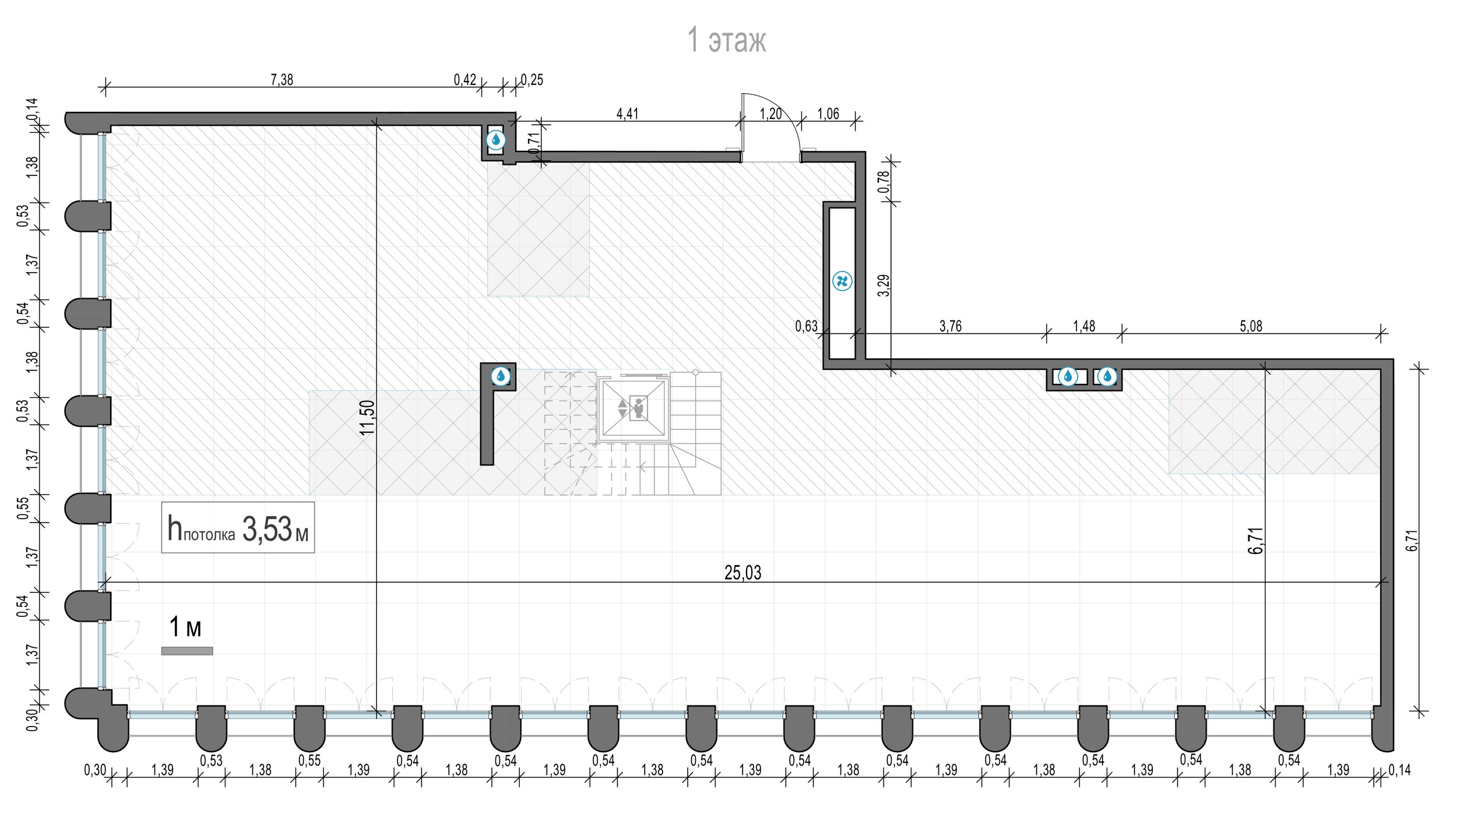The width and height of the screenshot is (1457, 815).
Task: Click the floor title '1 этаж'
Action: pos(727,40)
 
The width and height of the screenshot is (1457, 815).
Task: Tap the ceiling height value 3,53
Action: pos(267,529)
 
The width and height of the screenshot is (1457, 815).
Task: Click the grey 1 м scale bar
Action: pos(187,651)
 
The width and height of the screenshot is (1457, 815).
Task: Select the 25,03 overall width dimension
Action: pos(742,572)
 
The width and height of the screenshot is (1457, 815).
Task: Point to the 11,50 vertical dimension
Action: pos(367,417)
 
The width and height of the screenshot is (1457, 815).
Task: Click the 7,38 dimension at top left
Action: pos(282,79)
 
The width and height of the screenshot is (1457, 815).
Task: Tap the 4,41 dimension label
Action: pos(628,113)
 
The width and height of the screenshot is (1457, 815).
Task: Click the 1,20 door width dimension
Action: pos(770,113)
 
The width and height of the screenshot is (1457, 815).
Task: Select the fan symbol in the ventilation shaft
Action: pos(842,281)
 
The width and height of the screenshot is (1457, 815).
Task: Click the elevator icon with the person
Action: pos(638,407)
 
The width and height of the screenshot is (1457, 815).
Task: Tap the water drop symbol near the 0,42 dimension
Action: pos(495,140)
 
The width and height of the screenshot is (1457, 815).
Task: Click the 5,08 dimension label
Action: pos(1251,326)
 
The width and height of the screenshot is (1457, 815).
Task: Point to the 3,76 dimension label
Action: pos(951,326)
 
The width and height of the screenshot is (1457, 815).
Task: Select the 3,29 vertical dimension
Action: pos(884,285)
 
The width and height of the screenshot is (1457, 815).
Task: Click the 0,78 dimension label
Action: pos(884,181)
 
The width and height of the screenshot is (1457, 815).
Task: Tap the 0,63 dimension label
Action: pos(806,326)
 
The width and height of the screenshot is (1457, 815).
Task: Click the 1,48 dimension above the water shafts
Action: pos(1084,326)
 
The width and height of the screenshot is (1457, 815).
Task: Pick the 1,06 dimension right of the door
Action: pos(828,113)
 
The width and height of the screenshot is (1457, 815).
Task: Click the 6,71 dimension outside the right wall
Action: pos(1411,540)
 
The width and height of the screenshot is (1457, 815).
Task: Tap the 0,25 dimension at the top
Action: pos(532,79)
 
